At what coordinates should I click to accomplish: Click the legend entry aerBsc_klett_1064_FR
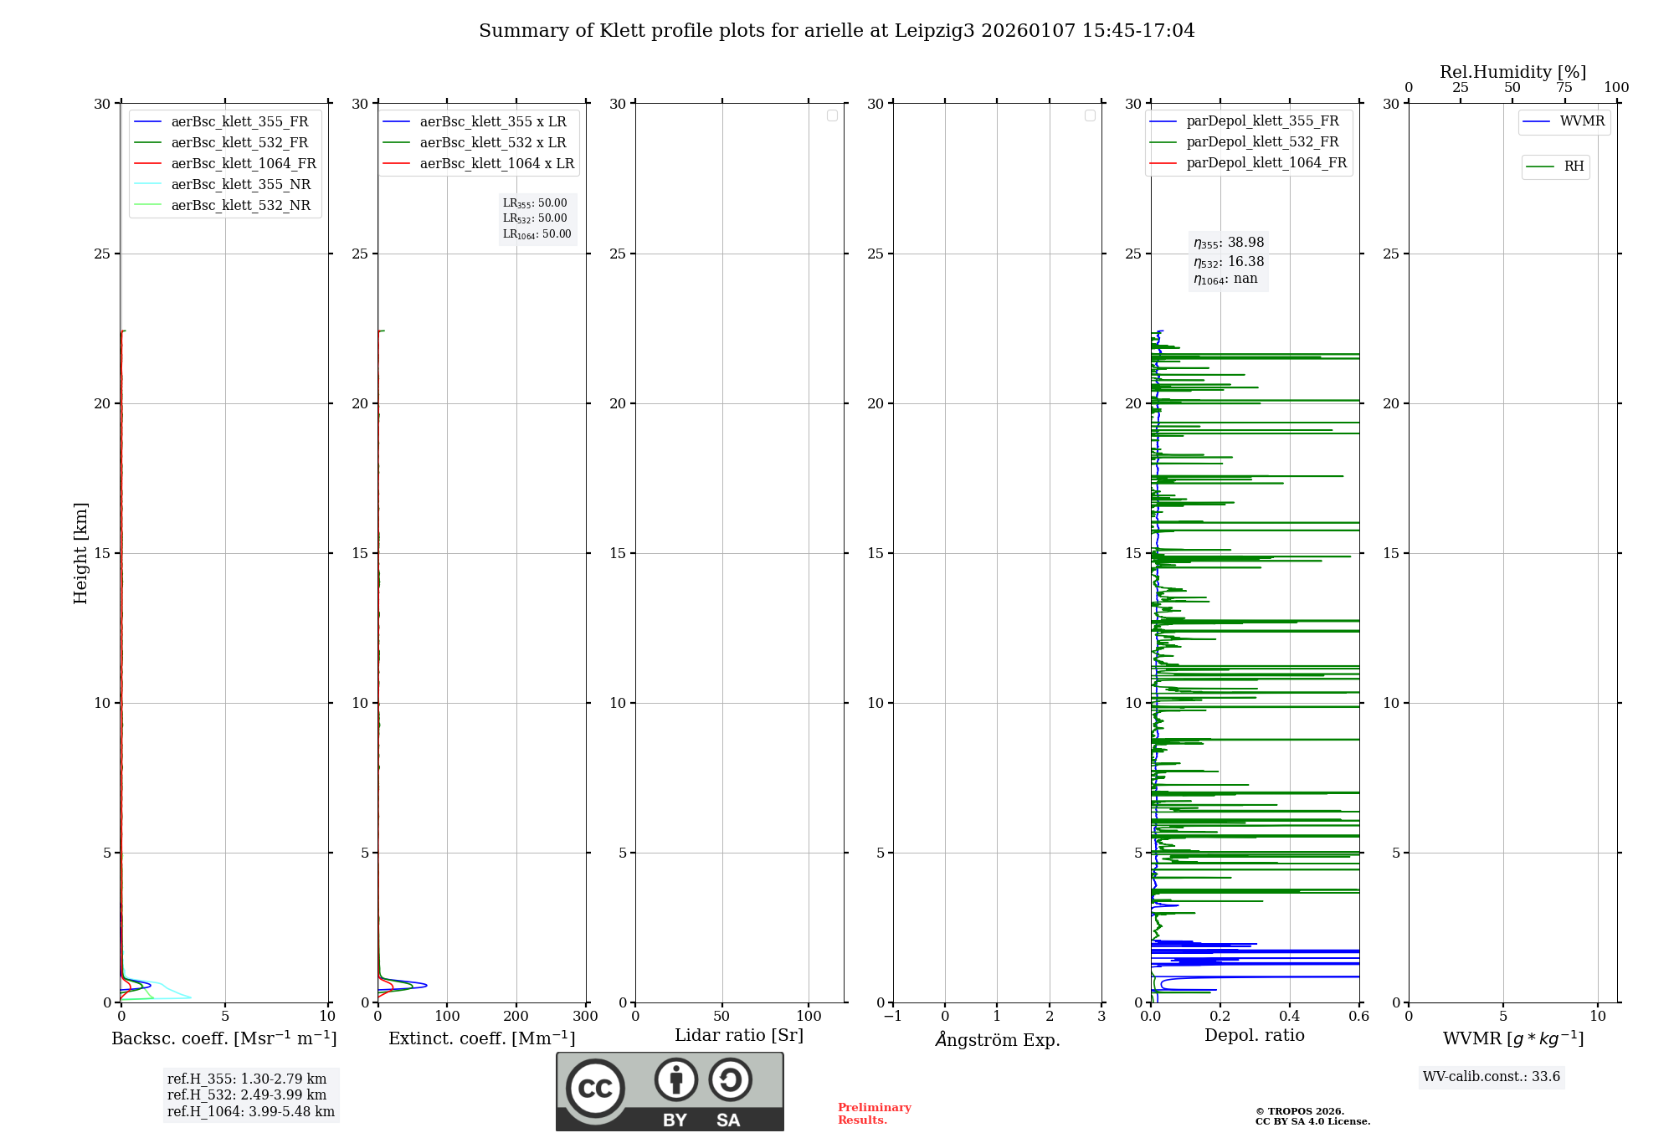pyautogui.click(x=243, y=164)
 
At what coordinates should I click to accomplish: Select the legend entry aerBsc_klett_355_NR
pyautogui.click(x=240, y=185)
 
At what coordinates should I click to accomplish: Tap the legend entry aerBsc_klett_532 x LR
pyautogui.click(x=492, y=143)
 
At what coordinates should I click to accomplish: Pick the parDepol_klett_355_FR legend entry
pyautogui.click(x=1261, y=121)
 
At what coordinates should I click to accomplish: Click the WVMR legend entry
pyautogui.click(x=1581, y=121)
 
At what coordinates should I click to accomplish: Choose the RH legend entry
pyautogui.click(x=1573, y=167)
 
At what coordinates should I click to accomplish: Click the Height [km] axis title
pyautogui.click(x=80, y=553)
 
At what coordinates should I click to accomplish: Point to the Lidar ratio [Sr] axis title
pyautogui.click(x=739, y=1036)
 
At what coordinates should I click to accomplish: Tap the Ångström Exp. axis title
pyautogui.click(x=998, y=1039)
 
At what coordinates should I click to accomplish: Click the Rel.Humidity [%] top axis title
pyautogui.click(x=1512, y=72)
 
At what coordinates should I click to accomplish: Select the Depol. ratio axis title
pyautogui.click(x=1254, y=1036)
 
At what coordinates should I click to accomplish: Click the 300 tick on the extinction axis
pyautogui.click(x=585, y=1017)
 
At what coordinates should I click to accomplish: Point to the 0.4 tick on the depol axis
pyautogui.click(x=1290, y=1017)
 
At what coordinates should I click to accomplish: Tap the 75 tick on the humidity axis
pyautogui.click(x=1564, y=88)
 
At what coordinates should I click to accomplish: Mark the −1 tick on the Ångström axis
pyautogui.click(x=893, y=1017)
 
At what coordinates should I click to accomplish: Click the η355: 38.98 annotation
pyautogui.click(x=1229, y=243)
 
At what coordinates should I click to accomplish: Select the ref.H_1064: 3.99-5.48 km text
pyautogui.click(x=250, y=1112)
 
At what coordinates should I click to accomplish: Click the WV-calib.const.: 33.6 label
pyautogui.click(x=1492, y=1077)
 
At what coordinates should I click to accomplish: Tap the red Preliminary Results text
pyautogui.click(x=874, y=1114)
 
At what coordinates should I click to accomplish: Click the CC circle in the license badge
pyautogui.click(x=595, y=1089)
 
